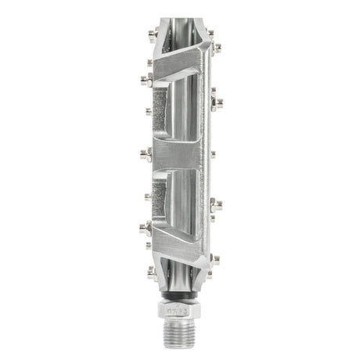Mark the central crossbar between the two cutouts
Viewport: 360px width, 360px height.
(180, 152)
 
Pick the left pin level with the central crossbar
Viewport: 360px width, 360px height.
(146, 153)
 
